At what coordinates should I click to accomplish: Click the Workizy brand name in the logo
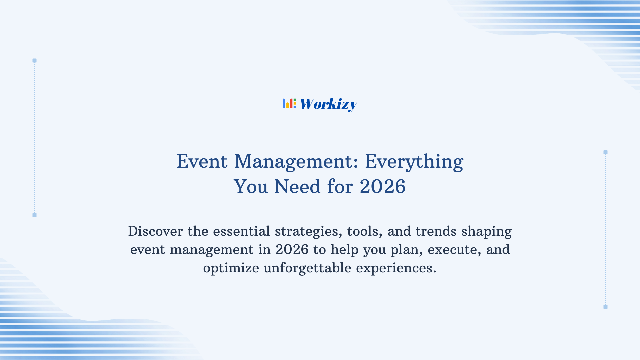pyautogui.click(x=328, y=104)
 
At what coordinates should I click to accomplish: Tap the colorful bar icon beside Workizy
pyautogui.click(x=289, y=103)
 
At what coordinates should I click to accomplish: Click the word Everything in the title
pyautogui.click(x=414, y=162)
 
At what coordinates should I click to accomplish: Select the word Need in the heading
pyautogui.click(x=297, y=186)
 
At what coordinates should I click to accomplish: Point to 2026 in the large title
pyautogui.click(x=383, y=186)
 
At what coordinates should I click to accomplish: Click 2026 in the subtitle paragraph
pyautogui.click(x=292, y=250)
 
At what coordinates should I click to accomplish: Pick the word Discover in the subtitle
pyautogui.click(x=155, y=231)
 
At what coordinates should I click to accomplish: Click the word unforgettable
pyautogui.click(x=307, y=268)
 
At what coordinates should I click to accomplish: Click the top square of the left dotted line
pyautogui.click(x=34, y=61)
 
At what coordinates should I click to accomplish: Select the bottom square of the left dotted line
pyautogui.click(x=34, y=215)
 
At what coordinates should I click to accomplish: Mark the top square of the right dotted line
pyautogui.click(x=605, y=152)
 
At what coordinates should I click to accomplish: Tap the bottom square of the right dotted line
pyautogui.click(x=605, y=307)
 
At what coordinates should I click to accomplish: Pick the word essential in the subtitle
pyautogui.click(x=241, y=231)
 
